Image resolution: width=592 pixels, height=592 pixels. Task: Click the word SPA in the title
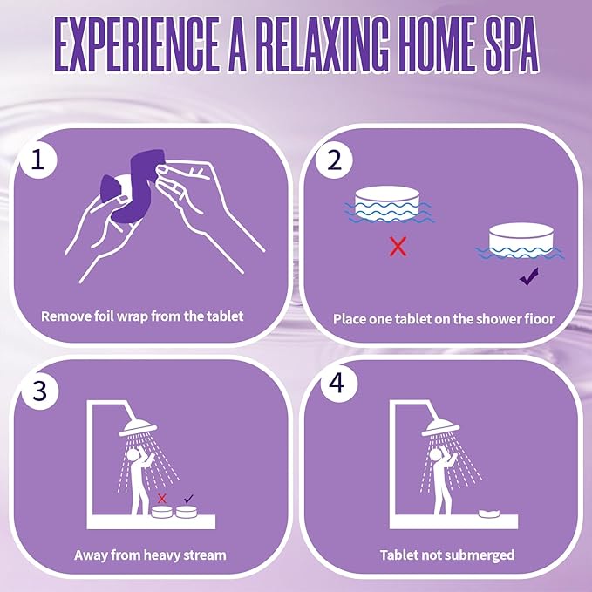[x=510, y=44]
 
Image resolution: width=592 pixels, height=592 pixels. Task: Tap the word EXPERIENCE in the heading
[x=135, y=44]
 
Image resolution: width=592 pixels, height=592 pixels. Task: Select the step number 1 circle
[x=37, y=160]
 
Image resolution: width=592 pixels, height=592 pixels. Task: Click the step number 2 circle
[x=334, y=160]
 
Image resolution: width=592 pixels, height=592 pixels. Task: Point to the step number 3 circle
[x=39, y=391]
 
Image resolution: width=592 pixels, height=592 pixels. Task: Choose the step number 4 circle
[x=338, y=384]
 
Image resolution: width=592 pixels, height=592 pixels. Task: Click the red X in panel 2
[x=398, y=246]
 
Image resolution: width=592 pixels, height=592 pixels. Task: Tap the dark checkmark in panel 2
[x=529, y=276]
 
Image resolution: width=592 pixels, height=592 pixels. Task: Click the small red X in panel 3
[x=162, y=499]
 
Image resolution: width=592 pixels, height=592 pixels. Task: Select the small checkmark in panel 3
[x=188, y=499]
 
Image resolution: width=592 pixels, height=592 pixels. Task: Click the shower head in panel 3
[x=138, y=428]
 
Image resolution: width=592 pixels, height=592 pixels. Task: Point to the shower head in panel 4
[x=440, y=428]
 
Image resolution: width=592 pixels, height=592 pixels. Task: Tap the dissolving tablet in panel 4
[x=490, y=514]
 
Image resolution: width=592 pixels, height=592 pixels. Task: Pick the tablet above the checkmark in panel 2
[x=521, y=241]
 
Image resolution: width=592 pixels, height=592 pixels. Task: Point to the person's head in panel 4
[x=435, y=454]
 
